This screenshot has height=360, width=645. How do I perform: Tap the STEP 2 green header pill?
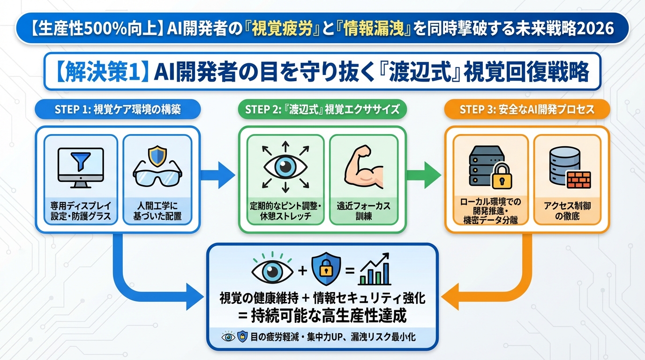322,110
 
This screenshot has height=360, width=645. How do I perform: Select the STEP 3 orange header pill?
527,110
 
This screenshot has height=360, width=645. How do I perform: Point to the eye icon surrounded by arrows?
285,167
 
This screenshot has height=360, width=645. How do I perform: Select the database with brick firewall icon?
568,168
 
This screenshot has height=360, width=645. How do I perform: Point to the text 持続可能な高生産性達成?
322,315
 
